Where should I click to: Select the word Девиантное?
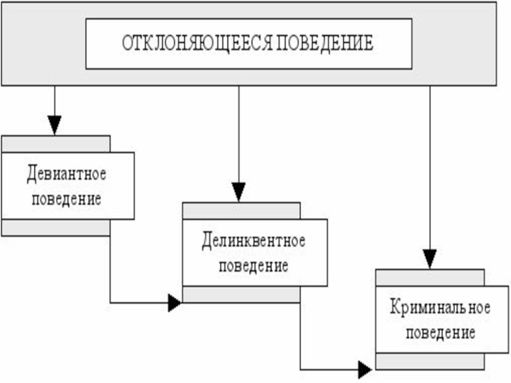point(66,172)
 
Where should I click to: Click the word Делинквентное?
point(254,241)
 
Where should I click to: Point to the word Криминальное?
point(440,308)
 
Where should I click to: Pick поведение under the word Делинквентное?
point(254,265)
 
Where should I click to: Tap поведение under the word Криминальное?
point(440,333)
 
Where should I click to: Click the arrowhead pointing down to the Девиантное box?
point(55,125)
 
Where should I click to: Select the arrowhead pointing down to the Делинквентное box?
point(238,191)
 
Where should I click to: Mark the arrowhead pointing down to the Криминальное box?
point(430,259)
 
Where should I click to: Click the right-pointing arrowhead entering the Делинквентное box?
point(174,303)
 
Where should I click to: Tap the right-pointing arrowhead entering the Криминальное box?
point(365,370)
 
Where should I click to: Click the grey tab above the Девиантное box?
point(56,144)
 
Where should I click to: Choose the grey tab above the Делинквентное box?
point(241,211)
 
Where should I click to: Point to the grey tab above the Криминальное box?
point(429,277)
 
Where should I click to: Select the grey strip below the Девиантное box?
point(56,228)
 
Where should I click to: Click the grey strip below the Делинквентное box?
point(241,294)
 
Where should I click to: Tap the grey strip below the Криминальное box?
point(429,361)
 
